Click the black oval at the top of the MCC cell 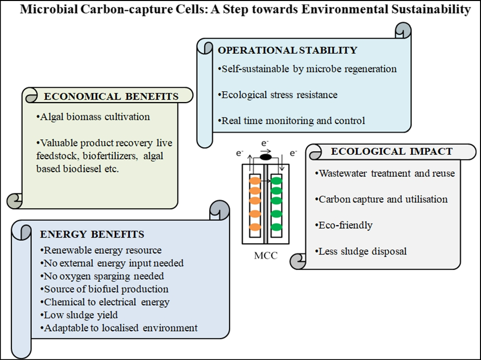(x=266, y=157)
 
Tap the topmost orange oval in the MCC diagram (x=255, y=181)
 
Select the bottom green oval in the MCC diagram (x=277, y=228)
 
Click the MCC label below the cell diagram (x=266, y=256)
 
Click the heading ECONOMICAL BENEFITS (x=111, y=97)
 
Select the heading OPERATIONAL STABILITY (x=287, y=50)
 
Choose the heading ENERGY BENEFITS (x=93, y=234)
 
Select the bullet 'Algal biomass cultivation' (x=93, y=118)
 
